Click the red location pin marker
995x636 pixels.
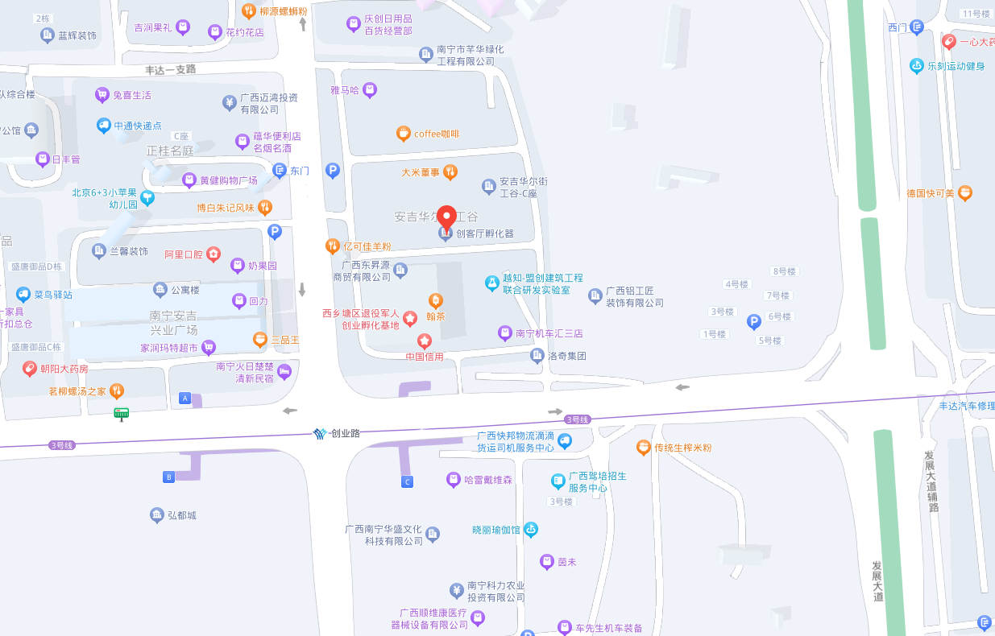click(446, 217)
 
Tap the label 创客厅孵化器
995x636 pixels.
click(485, 233)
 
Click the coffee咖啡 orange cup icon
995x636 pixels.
click(403, 134)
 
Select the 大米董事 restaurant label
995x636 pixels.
click(421, 171)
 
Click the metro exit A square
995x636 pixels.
click(185, 399)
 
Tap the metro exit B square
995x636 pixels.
click(169, 477)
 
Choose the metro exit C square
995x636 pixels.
click(408, 481)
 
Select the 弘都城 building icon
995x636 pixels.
click(156, 514)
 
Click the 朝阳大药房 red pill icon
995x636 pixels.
click(29, 369)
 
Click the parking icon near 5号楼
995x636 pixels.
click(754, 322)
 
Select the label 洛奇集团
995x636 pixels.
click(566, 356)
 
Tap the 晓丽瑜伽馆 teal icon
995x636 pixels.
click(530, 530)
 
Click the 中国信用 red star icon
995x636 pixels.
click(425, 341)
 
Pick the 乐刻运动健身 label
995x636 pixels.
click(956, 66)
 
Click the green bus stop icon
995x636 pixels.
click(122, 415)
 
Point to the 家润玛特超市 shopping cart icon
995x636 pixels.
click(209, 348)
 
